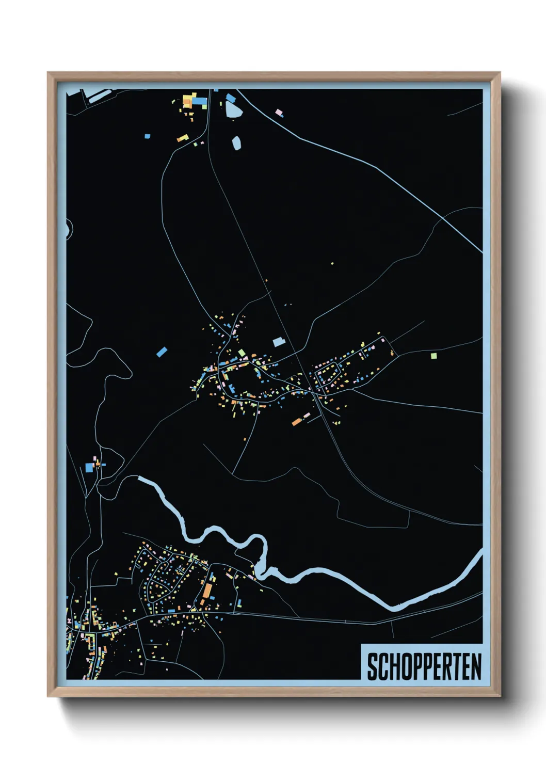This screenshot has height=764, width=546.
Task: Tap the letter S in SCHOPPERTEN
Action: [372, 666]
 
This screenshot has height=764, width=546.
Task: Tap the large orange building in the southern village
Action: [207, 590]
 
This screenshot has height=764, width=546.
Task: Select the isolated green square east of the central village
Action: [433, 355]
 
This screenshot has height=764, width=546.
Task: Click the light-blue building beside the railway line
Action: [279, 341]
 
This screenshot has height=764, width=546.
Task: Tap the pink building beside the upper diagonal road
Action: [279, 112]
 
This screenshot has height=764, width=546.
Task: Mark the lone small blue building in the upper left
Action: [148, 136]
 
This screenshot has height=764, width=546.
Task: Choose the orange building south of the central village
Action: [296, 422]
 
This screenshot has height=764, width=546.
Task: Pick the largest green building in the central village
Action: [242, 353]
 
